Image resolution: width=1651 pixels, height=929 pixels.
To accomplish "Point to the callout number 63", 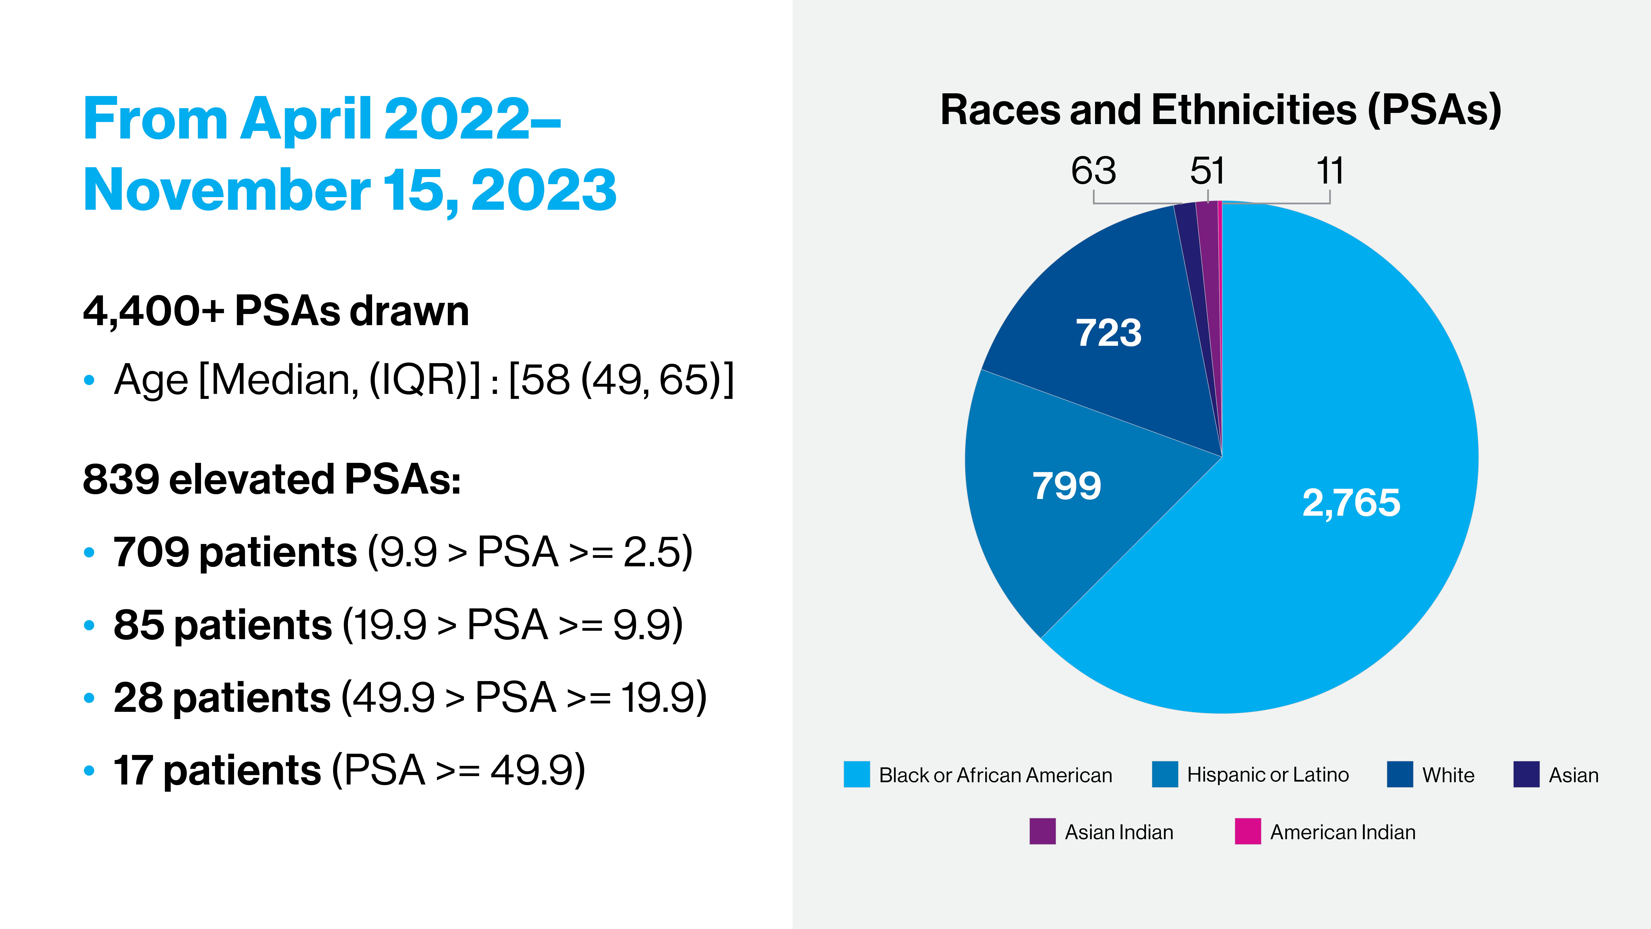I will click(1093, 171).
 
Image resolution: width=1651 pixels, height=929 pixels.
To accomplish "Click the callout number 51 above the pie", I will click(1208, 171).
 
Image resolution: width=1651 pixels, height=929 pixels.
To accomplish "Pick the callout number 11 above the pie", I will click(1330, 171).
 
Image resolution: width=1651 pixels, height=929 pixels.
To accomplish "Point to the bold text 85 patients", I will click(222, 625).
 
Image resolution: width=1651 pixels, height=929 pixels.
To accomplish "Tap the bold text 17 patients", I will click(217, 770).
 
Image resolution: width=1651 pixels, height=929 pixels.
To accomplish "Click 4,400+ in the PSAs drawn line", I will click(154, 312).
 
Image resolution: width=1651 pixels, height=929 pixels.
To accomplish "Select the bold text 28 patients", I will click(222, 698).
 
